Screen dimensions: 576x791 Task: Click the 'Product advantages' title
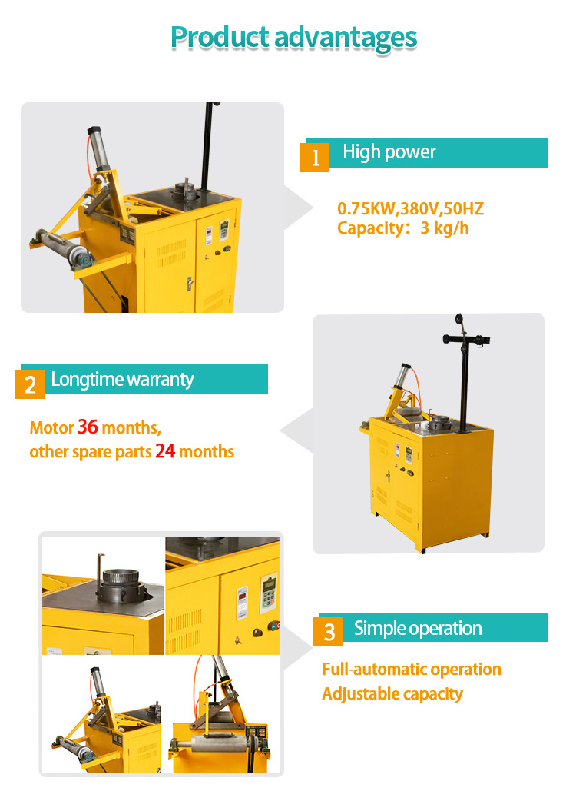(x=294, y=38)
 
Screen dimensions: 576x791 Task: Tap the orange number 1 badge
(x=315, y=158)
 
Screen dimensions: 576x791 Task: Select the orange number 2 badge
(x=30, y=384)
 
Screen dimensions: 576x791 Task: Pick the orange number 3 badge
(x=328, y=632)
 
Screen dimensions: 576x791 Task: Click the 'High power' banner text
(x=389, y=152)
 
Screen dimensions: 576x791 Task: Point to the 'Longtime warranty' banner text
(x=122, y=380)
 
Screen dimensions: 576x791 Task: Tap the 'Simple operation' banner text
(x=418, y=629)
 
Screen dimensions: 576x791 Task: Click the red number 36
(x=88, y=427)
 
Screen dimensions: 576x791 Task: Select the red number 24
(x=165, y=451)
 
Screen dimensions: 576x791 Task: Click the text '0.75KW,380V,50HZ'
(x=411, y=208)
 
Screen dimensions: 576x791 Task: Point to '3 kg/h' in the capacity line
(x=445, y=228)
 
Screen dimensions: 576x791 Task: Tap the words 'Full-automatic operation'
(x=412, y=670)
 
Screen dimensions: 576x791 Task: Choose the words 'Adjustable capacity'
(x=392, y=694)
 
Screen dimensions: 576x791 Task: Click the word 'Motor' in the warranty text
(x=51, y=427)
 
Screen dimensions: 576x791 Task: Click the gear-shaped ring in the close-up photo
(x=120, y=578)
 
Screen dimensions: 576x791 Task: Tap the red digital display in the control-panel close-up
(x=242, y=597)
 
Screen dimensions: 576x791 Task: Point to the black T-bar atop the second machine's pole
(x=466, y=339)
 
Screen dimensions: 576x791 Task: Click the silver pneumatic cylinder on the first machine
(x=98, y=148)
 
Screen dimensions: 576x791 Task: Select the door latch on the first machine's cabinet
(x=190, y=284)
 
